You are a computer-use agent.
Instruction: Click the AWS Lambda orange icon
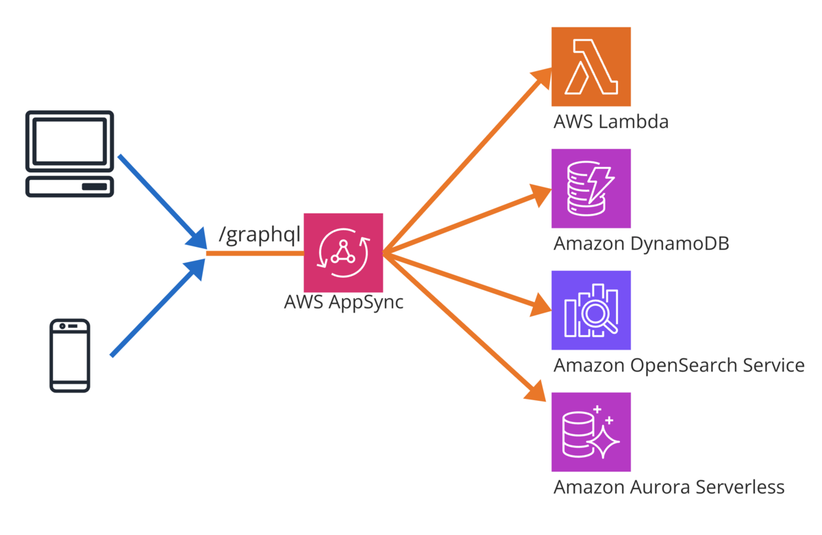coord(590,66)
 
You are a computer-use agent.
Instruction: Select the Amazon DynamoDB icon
coord(590,188)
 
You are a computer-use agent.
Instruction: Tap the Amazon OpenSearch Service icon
coord(590,310)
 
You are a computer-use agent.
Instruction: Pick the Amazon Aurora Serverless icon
coord(590,432)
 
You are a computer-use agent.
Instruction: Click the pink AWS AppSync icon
coord(342,252)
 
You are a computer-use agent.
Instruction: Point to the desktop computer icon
coord(69,153)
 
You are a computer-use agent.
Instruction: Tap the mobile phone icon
coord(70,355)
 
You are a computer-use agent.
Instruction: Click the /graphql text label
coord(260,234)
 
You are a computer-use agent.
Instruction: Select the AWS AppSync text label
coord(343,302)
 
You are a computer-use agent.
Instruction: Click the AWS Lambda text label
coord(611,122)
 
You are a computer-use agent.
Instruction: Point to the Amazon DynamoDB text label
coord(641,244)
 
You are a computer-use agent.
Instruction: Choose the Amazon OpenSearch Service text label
coord(679,365)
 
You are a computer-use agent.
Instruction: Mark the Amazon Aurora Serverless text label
coord(669,487)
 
